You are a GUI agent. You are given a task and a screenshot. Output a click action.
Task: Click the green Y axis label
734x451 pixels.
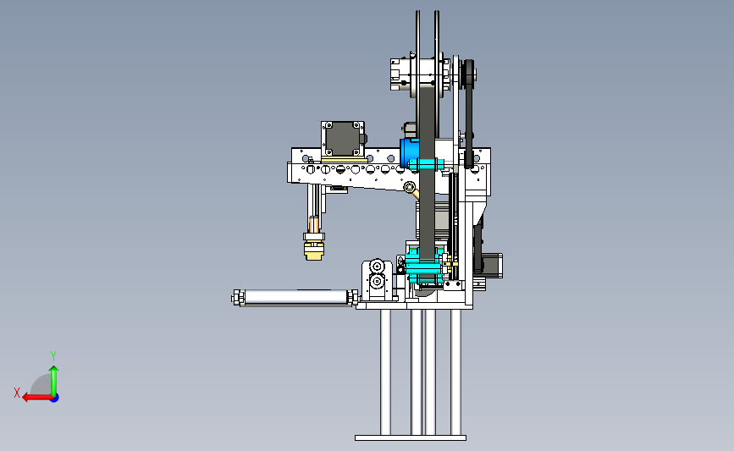tap(53, 356)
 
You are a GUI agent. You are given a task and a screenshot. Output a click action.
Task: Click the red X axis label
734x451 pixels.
tap(17, 393)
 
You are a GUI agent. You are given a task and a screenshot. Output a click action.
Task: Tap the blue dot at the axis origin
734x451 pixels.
tap(55, 399)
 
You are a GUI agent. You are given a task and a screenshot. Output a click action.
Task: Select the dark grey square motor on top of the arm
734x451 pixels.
tap(344, 139)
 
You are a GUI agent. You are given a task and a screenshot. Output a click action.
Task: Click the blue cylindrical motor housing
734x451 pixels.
tap(410, 153)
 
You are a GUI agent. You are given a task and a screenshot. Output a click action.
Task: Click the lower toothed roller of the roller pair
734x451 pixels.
tap(377, 282)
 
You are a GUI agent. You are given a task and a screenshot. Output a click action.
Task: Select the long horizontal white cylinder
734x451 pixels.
tap(295, 297)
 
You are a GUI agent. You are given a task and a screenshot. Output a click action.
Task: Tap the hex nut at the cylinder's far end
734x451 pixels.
tap(236, 298)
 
